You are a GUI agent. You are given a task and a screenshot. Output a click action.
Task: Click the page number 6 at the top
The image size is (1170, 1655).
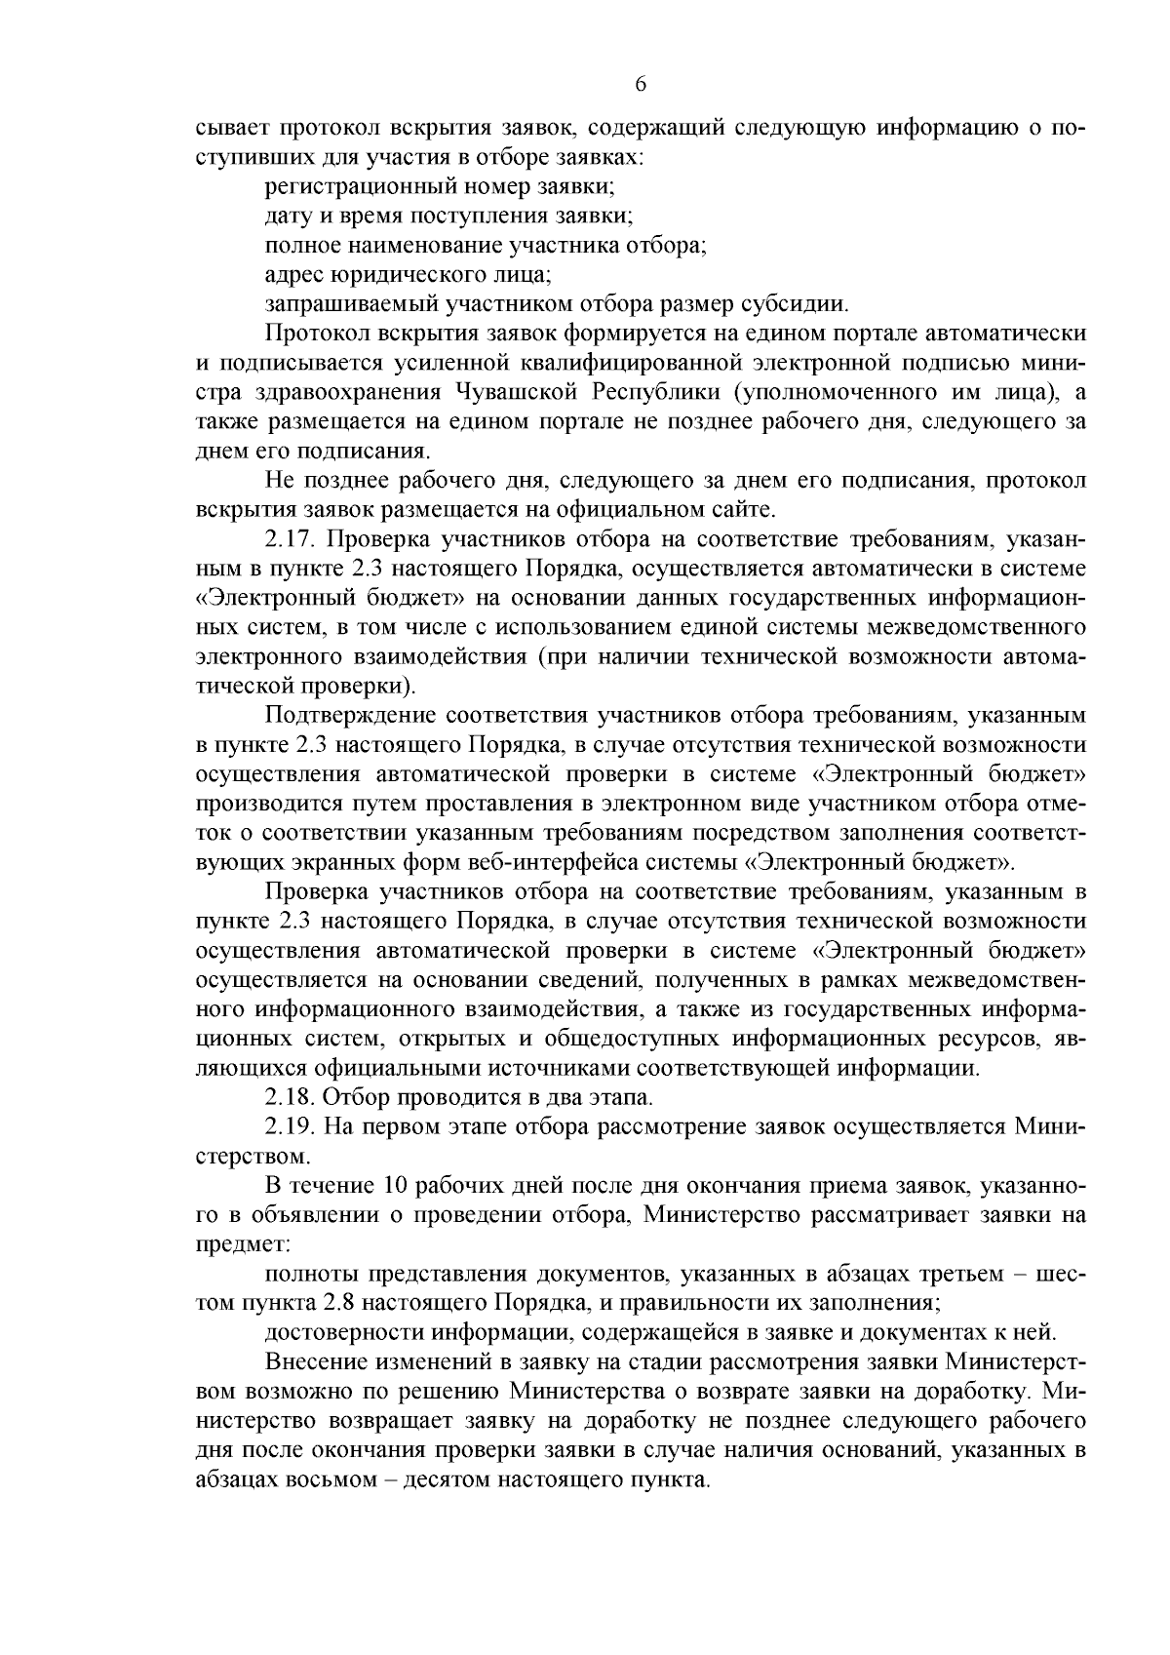641,84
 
